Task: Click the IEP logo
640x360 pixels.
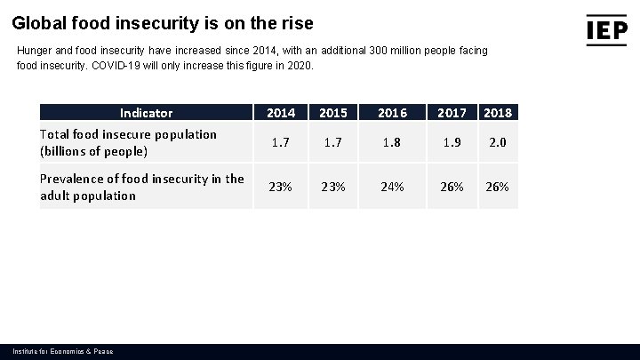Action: coord(606,29)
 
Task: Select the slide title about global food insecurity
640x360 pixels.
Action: coord(163,22)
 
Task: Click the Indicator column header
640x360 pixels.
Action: coord(146,113)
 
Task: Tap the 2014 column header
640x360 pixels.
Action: coord(281,113)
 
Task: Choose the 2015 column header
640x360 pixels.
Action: coord(332,113)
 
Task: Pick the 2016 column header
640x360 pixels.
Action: coord(392,113)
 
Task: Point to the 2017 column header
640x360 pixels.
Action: coord(452,113)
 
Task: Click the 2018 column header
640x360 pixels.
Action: coord(498,113)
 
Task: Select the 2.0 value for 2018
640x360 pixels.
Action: coord(498,142)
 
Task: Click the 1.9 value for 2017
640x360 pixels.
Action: coord(452,142)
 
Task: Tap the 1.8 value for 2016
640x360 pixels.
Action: coord(392,142)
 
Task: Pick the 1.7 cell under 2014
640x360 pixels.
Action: coord(281,142)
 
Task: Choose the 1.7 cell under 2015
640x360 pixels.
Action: coord(332,142)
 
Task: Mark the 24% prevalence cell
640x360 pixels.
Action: coord(392,187)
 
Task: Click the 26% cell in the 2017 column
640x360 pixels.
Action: coord(452,187)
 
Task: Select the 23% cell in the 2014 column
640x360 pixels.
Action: coord(281,187)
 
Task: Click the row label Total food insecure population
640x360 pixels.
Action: coord(128,142)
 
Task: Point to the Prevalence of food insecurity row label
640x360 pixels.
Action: coord(141,187)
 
